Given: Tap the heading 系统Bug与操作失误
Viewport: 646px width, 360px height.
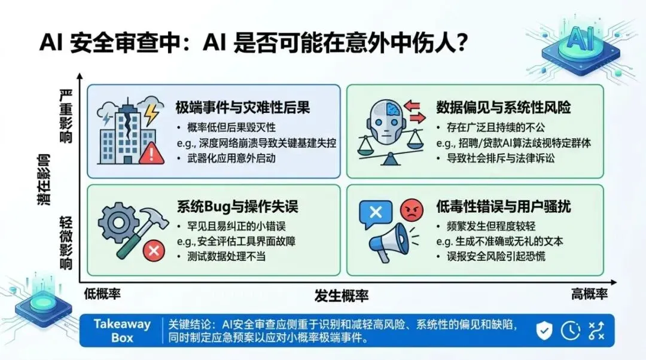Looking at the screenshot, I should (237, 207).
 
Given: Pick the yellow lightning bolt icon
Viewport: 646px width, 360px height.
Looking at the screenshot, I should (151, 111).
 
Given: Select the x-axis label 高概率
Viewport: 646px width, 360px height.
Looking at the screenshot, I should (589, 294).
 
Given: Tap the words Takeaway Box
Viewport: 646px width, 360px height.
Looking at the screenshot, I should (122, 330).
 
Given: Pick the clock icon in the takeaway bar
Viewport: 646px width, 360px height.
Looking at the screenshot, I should (570, 330).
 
